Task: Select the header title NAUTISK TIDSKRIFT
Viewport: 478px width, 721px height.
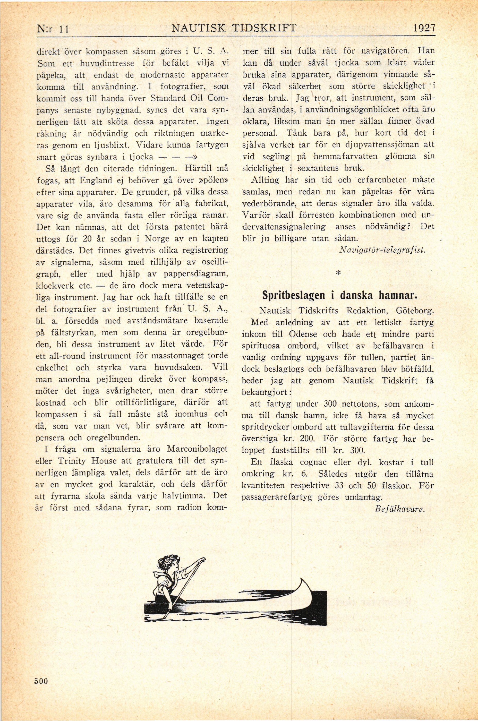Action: coord(234,28)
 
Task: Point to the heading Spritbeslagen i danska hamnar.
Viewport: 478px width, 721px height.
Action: coord(339,296)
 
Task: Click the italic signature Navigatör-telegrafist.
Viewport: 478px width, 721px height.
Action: coord(382,250)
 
